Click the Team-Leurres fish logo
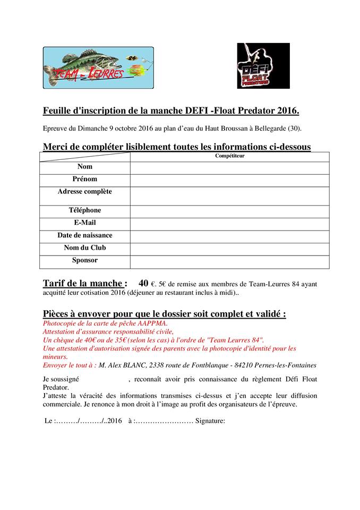click(98, 67)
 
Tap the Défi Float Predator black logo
click(263, 66)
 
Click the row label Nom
click(85, 167)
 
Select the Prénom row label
click(85, 179)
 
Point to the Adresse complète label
click(85, 192)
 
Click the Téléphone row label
click(85, 210)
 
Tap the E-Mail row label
click(85, 223)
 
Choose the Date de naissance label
click(85, 235)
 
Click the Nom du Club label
click(85, 248)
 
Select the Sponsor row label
click(85, 260)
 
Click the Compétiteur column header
click(229, 156)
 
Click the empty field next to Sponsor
click(229, 262)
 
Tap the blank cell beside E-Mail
click(229, 224)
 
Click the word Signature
click(210, 421)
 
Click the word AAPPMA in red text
click(152, 323)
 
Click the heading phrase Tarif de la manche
click(85, 283)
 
